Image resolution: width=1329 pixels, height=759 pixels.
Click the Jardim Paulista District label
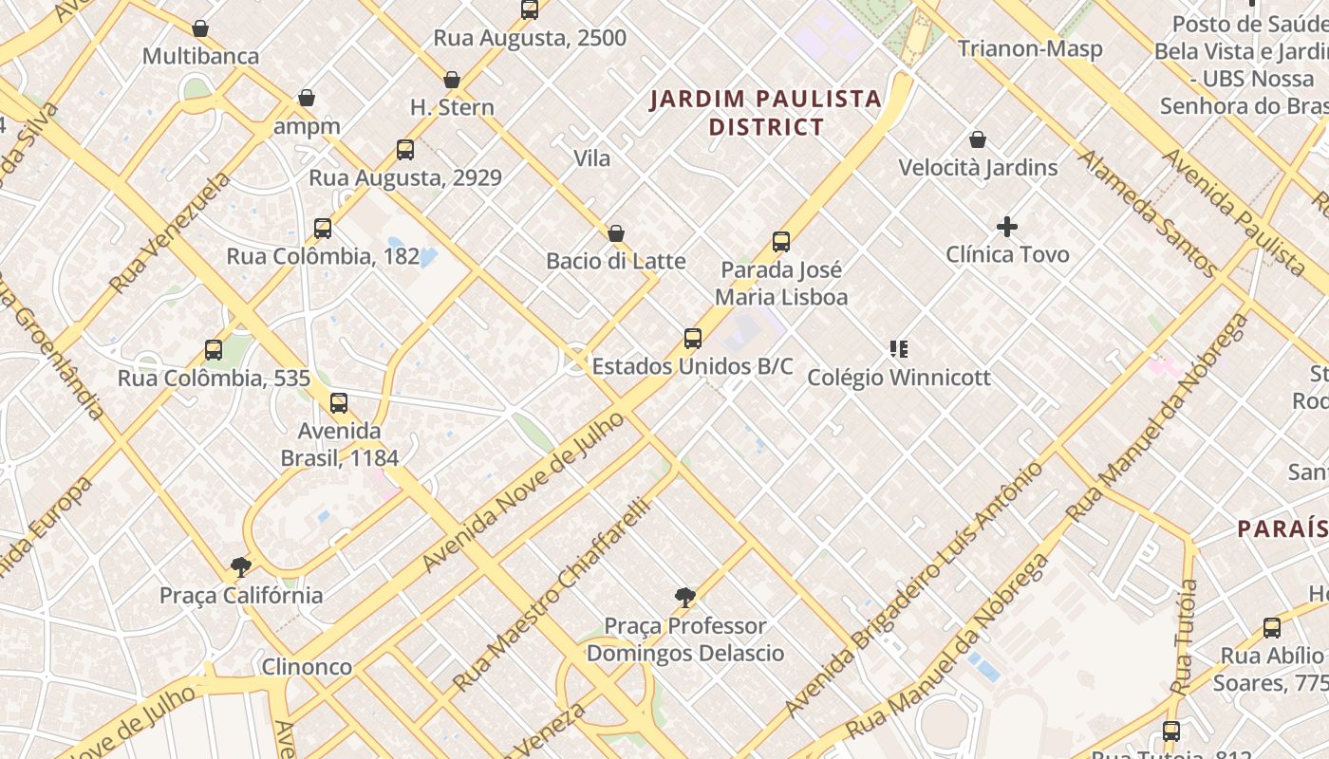click(765, 112)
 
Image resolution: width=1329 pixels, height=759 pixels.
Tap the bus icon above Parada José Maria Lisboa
click(781, 242)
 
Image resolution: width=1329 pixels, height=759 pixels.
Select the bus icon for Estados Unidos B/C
click(693, 339)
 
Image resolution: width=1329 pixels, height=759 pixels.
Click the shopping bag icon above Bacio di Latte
click(616, 233)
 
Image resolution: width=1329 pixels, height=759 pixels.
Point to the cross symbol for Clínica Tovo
click(1007, 227)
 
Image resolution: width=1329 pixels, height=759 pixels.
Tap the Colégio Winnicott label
click(898, 378)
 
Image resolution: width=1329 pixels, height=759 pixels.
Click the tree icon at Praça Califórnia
click(241, 567)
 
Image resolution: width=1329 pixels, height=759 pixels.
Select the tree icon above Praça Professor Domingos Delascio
click(684, 598)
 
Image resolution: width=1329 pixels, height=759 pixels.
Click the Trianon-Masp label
click(1030, 48)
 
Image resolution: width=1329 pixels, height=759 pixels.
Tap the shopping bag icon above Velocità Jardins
click(978, 139)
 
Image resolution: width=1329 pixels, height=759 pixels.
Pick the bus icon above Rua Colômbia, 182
click(323, 229)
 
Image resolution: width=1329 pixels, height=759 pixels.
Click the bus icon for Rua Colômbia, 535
click(214, 350)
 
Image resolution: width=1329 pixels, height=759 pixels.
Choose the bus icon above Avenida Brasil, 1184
click(339, 403)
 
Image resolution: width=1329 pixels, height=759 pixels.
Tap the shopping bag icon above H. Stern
click(452, 80)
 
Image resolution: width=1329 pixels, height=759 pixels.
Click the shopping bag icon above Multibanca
click(200, 28)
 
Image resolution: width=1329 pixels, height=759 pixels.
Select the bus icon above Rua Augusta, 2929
click(405, 150)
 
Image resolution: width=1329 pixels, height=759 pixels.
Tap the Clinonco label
click(307, 666)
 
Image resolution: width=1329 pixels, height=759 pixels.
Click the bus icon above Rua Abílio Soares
click(1271, 628)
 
